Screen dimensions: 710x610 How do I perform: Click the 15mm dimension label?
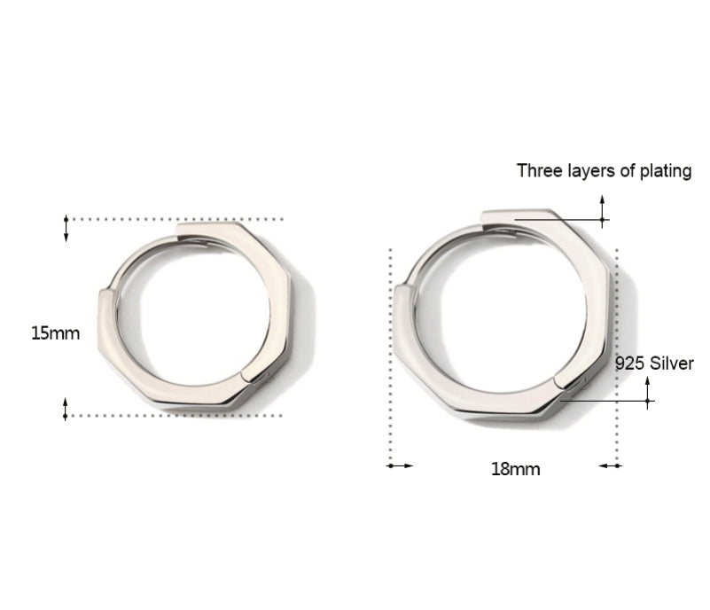(55, 333)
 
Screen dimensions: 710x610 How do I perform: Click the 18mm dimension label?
(516, 469)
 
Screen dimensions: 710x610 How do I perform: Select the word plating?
(665, 172)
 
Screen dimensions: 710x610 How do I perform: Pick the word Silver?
(672, 364)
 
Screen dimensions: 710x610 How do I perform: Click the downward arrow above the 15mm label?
(66, 229)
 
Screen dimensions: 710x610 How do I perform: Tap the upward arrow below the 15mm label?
(66, 409)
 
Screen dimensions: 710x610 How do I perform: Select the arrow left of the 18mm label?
(401, 465)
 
